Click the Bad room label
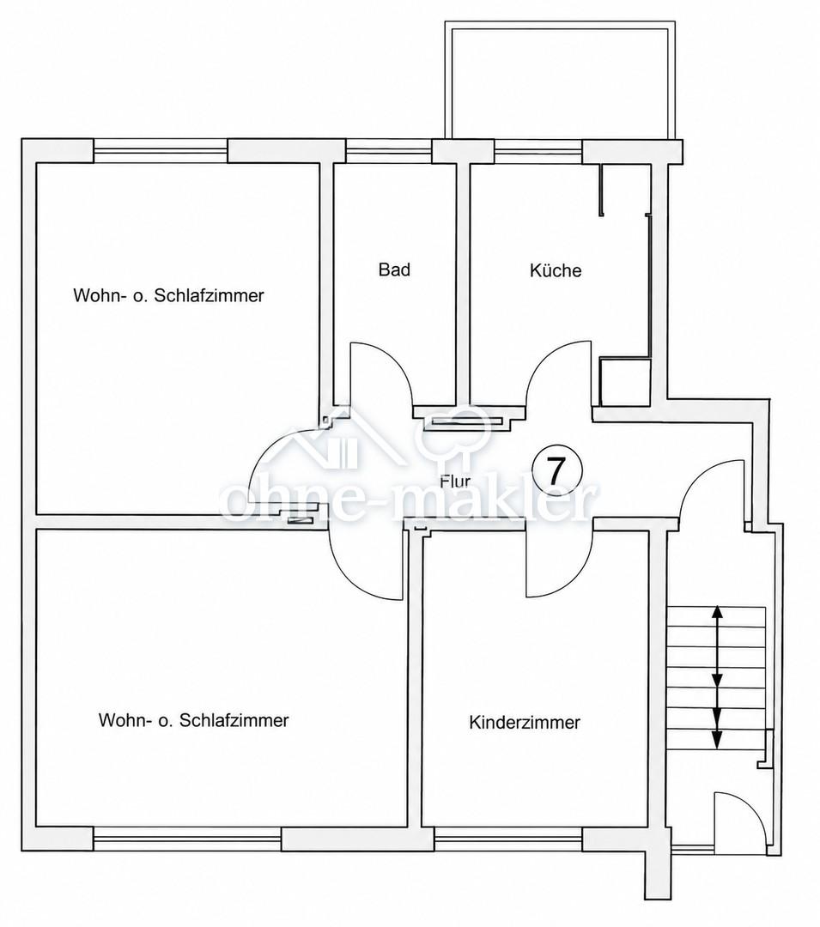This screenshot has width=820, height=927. pos(394,270)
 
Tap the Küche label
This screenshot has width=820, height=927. pos(556,270)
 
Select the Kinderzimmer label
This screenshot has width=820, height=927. pos(525,723)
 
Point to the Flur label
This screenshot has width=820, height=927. pos(455,482)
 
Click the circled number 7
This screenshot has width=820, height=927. pos(557,470)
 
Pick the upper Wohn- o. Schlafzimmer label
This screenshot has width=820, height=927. pos(168,295)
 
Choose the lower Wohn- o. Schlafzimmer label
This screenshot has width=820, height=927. pos(193,720)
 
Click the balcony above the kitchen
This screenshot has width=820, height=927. pos(559,82)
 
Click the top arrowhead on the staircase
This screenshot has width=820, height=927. pos(717,613)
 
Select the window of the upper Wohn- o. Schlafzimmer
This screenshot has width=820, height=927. pos(161,150)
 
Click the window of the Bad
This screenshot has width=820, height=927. pos(388,151)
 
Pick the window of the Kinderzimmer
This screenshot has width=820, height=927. pos(508,839)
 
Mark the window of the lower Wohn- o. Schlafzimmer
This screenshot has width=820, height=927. pos(187,839)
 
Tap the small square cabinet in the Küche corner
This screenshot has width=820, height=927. pos(624,381)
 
